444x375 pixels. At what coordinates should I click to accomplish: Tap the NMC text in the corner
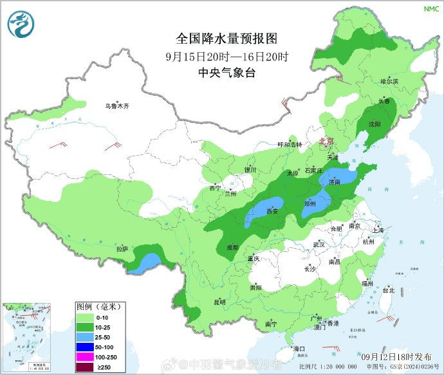pos(429,9)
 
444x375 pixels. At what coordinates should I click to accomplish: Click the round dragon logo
pos(22,23)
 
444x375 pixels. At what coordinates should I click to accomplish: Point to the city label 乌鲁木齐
pos(118,106)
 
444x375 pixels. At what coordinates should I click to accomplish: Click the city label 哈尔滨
pos(389,82)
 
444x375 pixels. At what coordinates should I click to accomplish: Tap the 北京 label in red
pos(327,141)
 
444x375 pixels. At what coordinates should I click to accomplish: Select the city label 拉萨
pos(122,248)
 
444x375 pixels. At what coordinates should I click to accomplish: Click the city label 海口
pos(298,348)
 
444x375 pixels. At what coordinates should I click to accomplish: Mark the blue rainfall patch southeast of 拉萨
pos(147,261)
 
